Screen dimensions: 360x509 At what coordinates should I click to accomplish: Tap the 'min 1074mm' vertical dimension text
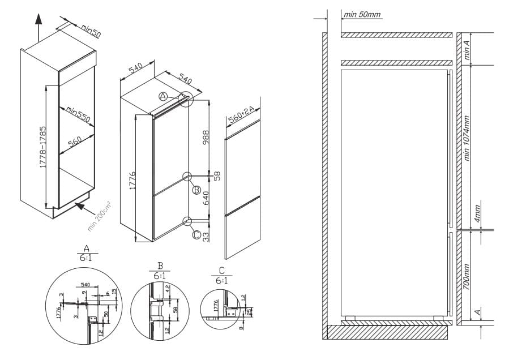point(467,138)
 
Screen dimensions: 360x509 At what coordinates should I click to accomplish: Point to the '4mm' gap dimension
point(477,216)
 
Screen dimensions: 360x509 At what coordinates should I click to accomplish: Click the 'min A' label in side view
point(467,49)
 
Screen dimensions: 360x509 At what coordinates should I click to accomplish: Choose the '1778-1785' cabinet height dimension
point(42,146)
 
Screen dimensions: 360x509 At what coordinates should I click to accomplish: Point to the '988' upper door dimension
point(206,137)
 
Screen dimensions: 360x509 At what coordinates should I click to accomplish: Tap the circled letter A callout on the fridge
point(163,97)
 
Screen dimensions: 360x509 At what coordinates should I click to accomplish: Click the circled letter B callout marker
point(196,190)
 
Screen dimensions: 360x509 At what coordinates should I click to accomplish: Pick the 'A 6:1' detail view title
point(86,252)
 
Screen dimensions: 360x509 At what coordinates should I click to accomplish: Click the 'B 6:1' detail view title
point(160,271)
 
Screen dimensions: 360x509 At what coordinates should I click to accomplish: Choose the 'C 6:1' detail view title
point(221,275)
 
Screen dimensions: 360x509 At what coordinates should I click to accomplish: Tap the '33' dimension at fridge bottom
point(206,234)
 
